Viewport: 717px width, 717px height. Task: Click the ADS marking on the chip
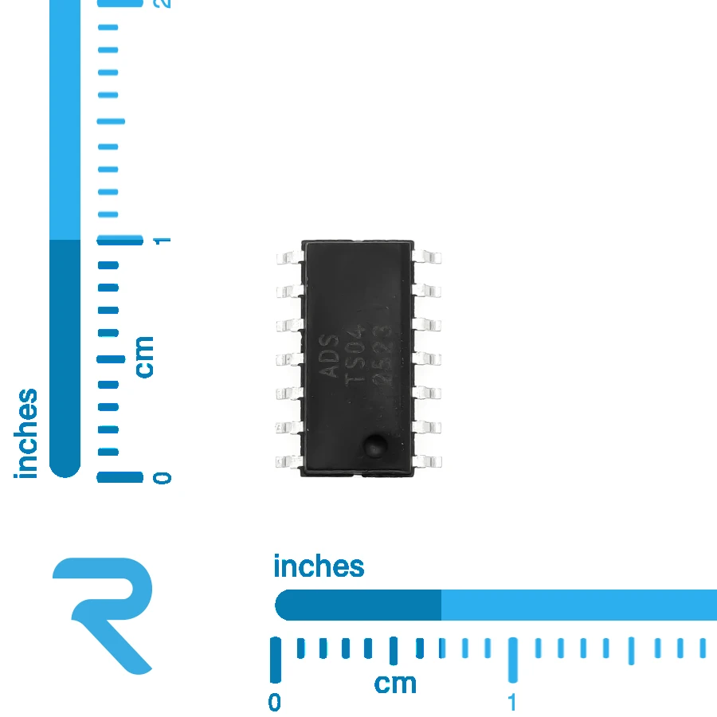(x=329, y=356)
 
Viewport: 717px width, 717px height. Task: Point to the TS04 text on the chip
(x=355, y=355)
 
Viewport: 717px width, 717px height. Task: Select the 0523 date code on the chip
(x=382, y=357)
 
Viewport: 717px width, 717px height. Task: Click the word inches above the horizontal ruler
(x=319, y=566)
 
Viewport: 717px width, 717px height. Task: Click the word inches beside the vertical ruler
(x=25, y=433)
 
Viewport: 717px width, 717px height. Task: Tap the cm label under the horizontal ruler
(x=395, y=684)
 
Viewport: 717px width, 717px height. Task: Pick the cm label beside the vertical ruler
(x=144, y=357)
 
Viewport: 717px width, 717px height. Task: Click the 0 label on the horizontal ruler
(x=274, y=703)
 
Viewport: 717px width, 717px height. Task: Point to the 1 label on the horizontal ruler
(x=512, y=703)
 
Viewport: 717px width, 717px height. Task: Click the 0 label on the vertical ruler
(x=162, y=478)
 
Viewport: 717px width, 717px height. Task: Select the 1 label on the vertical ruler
(x=162, y=241)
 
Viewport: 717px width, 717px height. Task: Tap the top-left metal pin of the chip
(x=290, y=257)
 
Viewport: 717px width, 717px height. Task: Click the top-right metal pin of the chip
(x=427, y=257)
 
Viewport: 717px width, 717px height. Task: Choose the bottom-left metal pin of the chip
(x=289, y=461)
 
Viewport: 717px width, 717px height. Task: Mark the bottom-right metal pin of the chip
(x=427, y=461)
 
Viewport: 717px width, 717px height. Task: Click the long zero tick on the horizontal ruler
(x=276, y=660)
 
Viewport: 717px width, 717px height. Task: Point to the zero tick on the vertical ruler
(x=119, y=477)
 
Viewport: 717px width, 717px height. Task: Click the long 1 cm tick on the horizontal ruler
(x=513, y=660)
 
